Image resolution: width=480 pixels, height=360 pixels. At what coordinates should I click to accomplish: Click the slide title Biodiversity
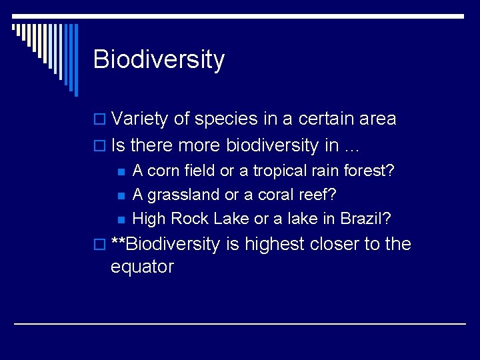tap(159, 60)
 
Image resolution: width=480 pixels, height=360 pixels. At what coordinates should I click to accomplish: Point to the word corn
tap(163, 171)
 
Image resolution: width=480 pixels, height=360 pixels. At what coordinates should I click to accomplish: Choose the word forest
tap(371, 171)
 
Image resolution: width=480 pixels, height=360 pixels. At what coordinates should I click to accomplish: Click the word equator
tap(142, 267)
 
